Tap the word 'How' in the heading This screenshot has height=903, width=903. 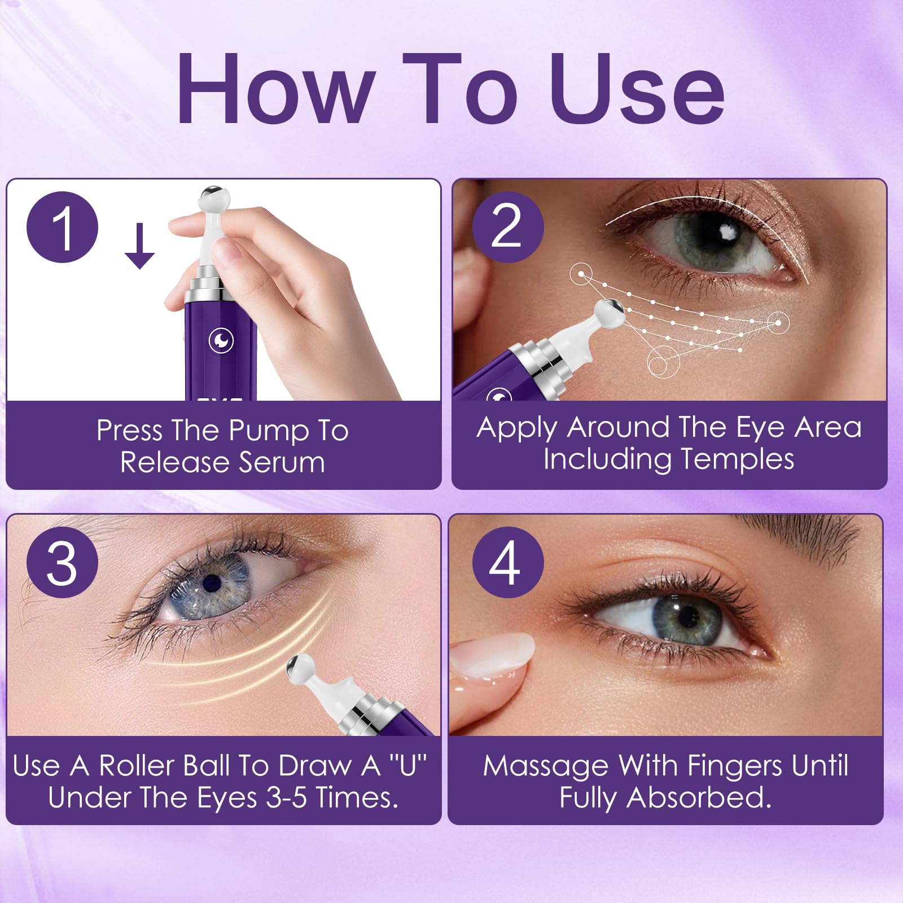(x=275, y=89)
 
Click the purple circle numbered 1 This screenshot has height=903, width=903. (x=63, y=227)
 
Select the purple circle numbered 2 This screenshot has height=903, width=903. (x=507, y=226)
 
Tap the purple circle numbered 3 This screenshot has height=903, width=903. (x=63, y=562)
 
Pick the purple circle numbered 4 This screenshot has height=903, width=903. (x=507, y=562)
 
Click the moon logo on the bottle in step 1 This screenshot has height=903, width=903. (x=221, y=340)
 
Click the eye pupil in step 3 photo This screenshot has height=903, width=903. (x=212, y=580)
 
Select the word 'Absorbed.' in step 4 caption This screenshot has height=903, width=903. (x=699, y=798)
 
